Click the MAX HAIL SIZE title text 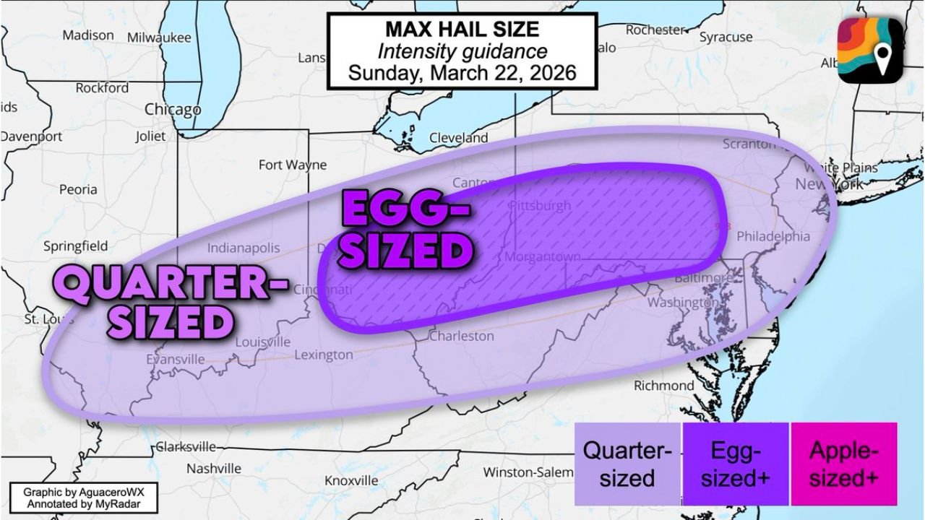[462, 30]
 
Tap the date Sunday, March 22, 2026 [462, 73]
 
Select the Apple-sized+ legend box [843, 464]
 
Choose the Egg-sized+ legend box [735, 464]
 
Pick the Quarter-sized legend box [627, 464]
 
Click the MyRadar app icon [870, 49]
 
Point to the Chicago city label [173, 110]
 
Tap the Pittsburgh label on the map [539, 206]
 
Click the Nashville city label [214, 469]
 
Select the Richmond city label [663, 386]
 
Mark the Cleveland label [458, 137]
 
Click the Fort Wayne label [293, 165]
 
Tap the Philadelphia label [773, 236]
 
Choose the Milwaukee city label [159, 38]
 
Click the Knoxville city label [351, 480]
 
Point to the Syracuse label [726, 37]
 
